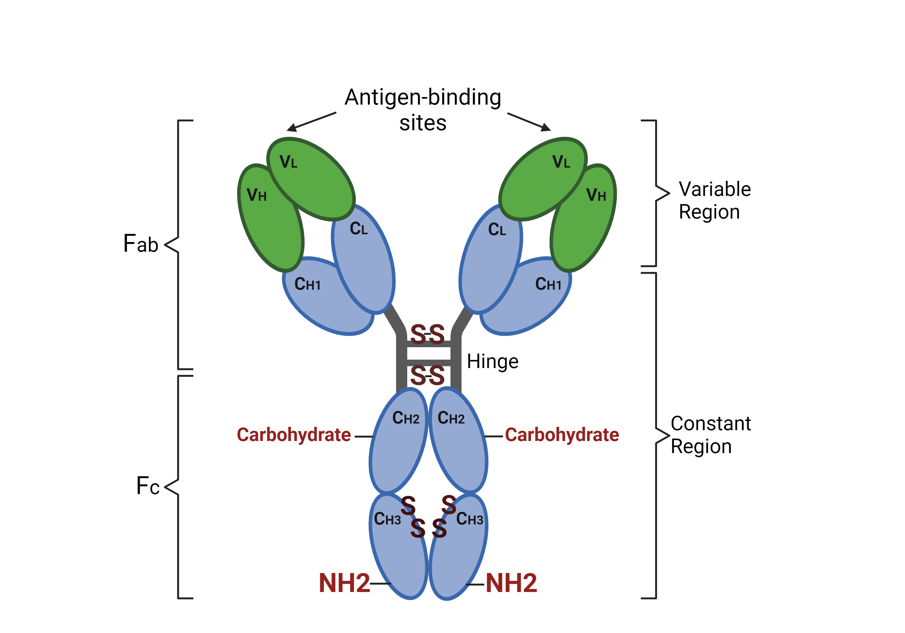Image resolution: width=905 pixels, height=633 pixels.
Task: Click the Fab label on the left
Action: pos(141,244)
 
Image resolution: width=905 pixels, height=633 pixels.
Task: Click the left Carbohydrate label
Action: pos(294,435)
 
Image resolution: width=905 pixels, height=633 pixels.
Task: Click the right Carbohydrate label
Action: pos(562,435)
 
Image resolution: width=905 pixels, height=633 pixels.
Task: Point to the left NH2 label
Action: pos(344,583)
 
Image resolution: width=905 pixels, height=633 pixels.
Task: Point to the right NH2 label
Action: pos(511,583)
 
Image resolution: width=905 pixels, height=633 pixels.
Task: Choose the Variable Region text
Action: pos(714,200)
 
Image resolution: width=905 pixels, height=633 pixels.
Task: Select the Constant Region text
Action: pos(710,435)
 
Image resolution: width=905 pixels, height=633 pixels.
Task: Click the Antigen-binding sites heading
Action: pos(423,109)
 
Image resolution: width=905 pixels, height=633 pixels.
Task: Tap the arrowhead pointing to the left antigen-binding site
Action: pos(292,127)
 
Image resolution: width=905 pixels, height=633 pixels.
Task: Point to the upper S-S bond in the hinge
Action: pos(428,334)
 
